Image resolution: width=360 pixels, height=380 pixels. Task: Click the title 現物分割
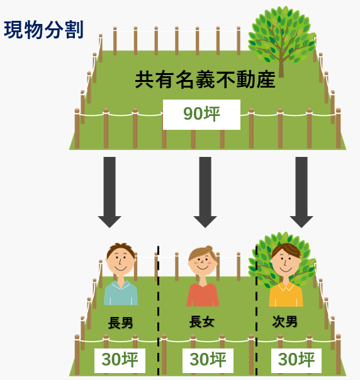tap(44, 30)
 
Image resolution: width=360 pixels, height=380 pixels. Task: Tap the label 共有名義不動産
tap(205, 79)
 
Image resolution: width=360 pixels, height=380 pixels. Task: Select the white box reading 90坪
tap(201, 115)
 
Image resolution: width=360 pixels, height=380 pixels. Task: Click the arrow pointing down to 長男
tap(110, 192)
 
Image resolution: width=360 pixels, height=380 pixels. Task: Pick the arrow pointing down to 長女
tap(205, 192)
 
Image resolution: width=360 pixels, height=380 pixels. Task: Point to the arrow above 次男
tap(301, 192)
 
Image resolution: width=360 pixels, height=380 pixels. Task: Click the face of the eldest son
tap(121, 260)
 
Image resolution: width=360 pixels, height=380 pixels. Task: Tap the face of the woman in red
tap(203, 262)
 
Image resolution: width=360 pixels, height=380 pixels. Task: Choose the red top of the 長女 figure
tap(203, 295)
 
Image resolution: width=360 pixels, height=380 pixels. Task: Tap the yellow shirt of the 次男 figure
tap(286, 294)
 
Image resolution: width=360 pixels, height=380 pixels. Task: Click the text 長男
tap(120, 323)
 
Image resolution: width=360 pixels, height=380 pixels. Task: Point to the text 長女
tap(201, 322)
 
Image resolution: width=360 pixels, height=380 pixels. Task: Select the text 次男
tap(284, 321)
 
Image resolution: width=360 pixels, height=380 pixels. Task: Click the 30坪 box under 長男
tap(120, 360)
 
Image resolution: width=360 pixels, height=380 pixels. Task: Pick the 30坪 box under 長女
tap(208, 360)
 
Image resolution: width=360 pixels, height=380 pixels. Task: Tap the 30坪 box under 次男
tap(296, 360)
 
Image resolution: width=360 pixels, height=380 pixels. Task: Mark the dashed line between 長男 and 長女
tap(158, 311)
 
